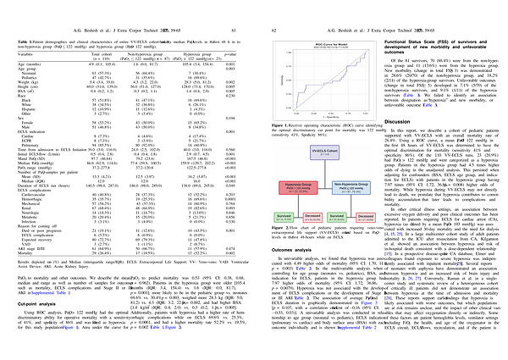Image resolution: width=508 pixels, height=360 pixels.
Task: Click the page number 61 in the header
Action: pos(244,8)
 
